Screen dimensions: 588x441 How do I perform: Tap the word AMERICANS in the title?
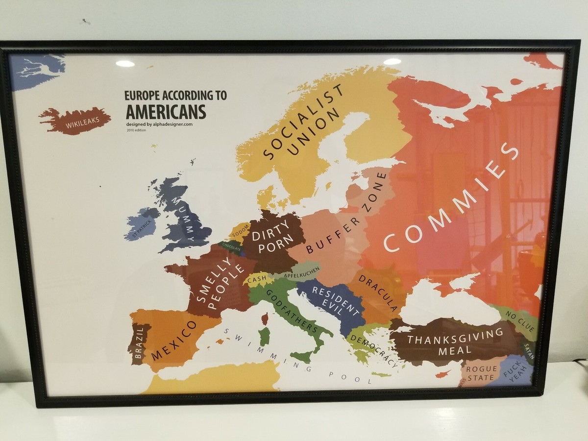pos(165,111)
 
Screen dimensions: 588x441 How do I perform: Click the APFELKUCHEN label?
pos(301,272)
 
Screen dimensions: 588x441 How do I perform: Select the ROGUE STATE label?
pos(481,373)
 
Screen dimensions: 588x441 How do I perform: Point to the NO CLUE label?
pos(520,320)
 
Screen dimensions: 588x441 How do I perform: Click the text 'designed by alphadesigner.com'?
pos(159,124)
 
